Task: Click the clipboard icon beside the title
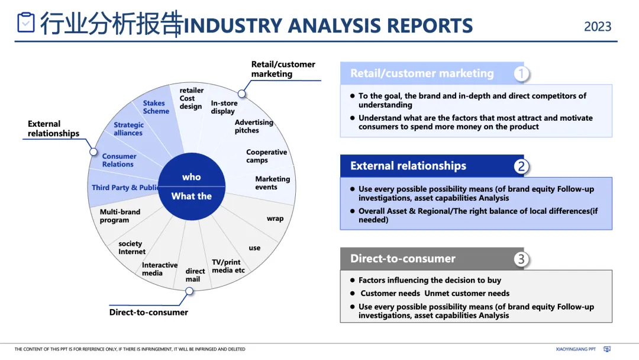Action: click(26, 22)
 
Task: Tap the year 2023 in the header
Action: click(598, 27)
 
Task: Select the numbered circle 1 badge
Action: click(521, 73)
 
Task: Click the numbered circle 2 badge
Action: click(521, 166)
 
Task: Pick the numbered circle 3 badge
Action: click(521, 259)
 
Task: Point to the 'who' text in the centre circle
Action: click(191, 177)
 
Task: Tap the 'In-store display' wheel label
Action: click(223, 107)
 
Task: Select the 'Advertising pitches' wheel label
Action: click(254, 127)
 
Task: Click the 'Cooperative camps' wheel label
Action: click(266, 156)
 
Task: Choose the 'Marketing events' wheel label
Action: click(272, 183)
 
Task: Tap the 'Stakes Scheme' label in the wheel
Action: click(156, 107)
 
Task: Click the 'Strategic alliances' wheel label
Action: click(128, 129)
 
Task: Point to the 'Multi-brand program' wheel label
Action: click(120, 216)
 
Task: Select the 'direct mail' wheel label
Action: click(195, 275)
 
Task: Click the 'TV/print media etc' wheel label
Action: click(228, 266)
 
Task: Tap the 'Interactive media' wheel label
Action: click(159, 269)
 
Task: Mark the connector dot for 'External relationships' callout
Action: click(93, 152)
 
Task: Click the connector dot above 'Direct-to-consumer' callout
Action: click(189, 291)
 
